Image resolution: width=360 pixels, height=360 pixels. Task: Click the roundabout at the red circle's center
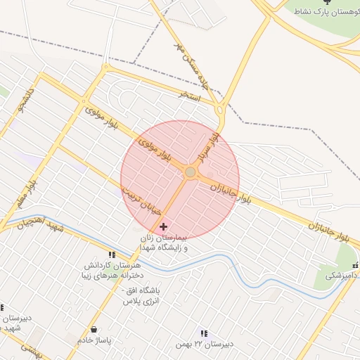pos(190,172)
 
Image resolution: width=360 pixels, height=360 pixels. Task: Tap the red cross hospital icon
pos(164,226)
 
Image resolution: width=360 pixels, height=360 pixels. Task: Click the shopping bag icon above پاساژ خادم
pos(94,329)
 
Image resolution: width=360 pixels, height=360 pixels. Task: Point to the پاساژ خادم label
pos(95,340)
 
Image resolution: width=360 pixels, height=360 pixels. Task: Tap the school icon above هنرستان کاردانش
pos(111,255)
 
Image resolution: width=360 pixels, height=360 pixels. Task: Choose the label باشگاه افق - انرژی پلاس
pos(143,295)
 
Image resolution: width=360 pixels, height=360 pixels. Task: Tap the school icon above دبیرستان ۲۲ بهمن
pos(204,333)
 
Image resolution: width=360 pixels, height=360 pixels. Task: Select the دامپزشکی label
pos(340,276)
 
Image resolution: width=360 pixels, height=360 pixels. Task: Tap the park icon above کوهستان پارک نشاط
pos(325,3)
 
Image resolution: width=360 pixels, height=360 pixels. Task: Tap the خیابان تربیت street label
pos(140,200)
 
